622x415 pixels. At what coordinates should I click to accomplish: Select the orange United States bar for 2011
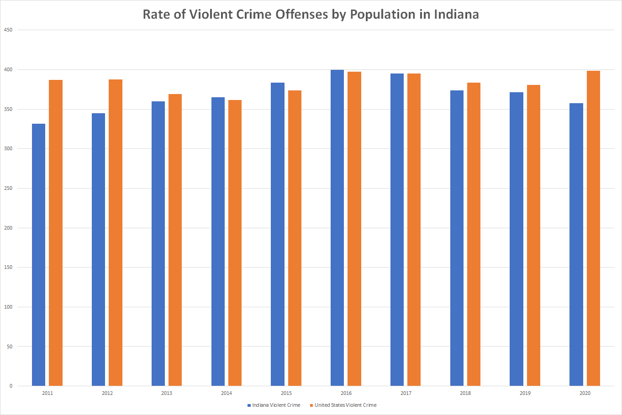pos(56,233)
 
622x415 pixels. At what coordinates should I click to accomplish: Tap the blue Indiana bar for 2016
pos(337,228)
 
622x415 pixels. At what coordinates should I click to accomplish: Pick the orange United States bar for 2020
pos(593,228)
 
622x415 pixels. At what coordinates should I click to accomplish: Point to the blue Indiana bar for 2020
pos(576,244)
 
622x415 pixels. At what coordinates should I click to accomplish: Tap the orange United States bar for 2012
pos(116,232)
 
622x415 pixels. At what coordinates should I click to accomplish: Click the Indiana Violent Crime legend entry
pos(274,405)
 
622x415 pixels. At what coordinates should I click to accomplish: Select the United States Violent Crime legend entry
pos(343,405)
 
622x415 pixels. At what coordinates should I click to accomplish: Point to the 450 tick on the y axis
pos(8,30)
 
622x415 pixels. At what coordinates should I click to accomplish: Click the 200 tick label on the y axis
pos(8,228)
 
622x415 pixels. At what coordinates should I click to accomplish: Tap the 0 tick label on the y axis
pos(11,386)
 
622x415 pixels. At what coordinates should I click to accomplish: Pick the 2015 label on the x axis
pos(286,393)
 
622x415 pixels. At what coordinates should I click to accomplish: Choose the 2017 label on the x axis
pos(406,393)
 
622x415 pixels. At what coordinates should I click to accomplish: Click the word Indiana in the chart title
pos(456,15)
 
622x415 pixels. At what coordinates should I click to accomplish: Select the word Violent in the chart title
pos(211,15)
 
